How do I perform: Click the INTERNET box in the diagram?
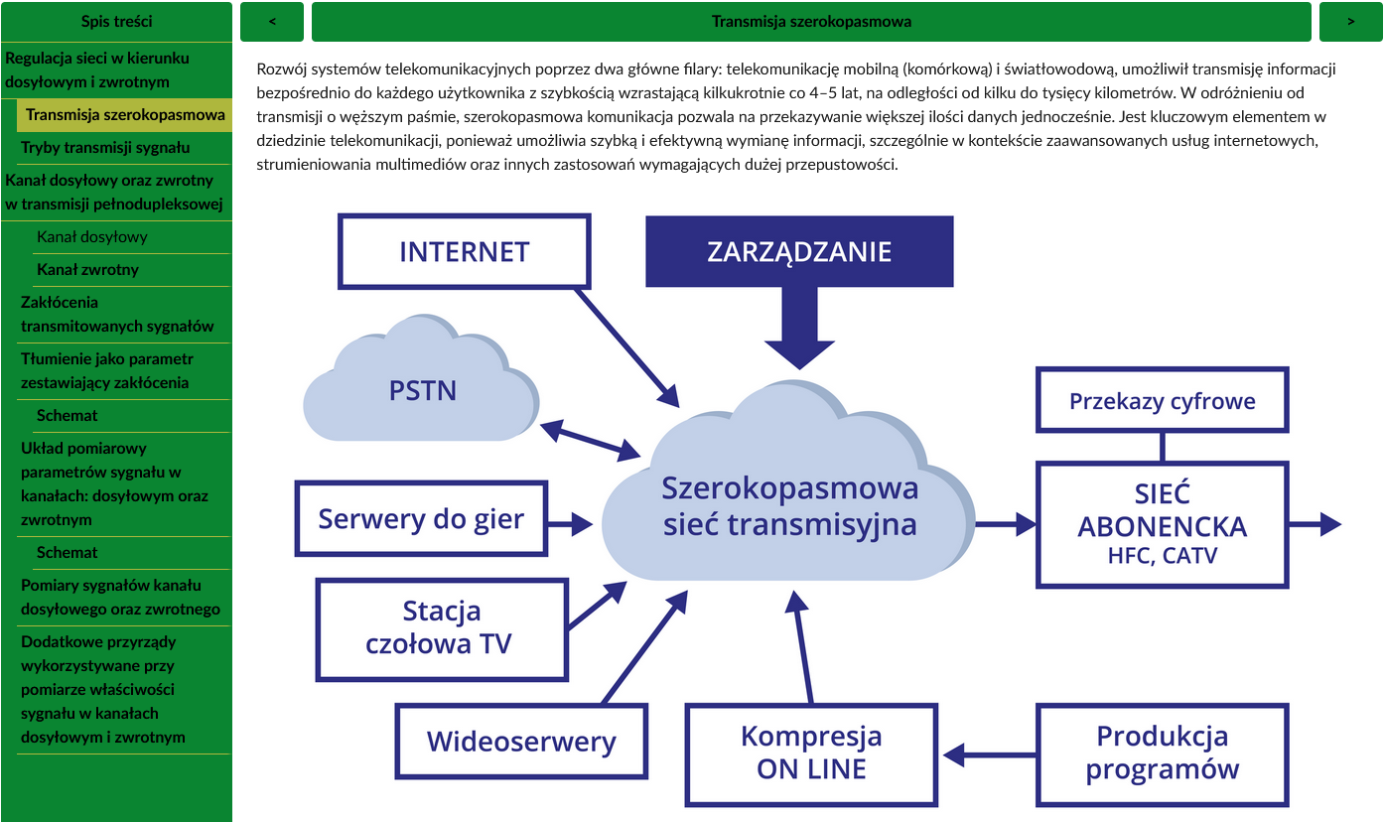coord(464,251)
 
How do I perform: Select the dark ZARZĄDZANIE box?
coord(799,251)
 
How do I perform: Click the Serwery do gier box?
coord(421,518)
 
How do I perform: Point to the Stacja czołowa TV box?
coord(441,628)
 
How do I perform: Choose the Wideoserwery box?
coord(521,741)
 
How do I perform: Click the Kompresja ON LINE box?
coord(811,753)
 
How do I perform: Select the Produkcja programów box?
coord(1162,753)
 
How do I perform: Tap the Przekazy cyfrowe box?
coord(1162,401)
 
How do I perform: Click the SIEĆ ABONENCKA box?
coord(1162,525)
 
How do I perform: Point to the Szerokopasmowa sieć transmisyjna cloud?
coord(789,506)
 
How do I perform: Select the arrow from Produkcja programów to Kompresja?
coord(989,754)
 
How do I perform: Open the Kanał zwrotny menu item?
coord(87,270)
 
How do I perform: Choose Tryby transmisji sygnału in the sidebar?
coord(105,148)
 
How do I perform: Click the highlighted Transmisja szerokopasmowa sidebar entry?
coord(125,115)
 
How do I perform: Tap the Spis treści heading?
coord(116,21)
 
